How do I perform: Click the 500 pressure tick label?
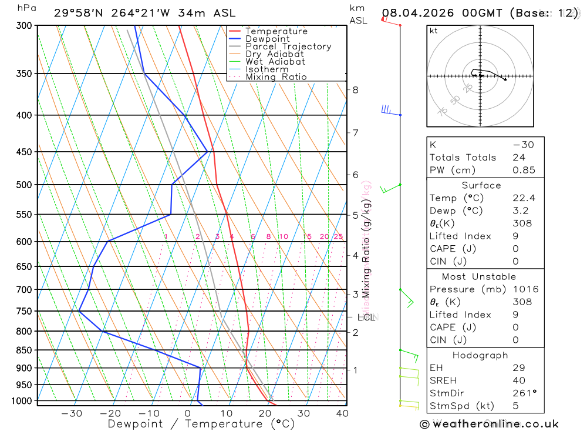point(24,185)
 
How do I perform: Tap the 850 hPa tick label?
point(24,350)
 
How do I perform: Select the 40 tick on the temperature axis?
point(342,413)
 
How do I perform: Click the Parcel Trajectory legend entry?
point(288,46)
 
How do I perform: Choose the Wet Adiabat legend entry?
point(275,62)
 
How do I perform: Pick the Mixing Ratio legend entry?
point(276,77)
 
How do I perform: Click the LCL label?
point(366,318)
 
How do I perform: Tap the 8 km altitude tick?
point(355,90)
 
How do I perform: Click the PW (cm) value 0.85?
point(524,171)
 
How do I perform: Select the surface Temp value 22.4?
point(524,198)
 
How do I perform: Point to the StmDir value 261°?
point(524,393)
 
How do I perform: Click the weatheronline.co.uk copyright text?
point(489,424)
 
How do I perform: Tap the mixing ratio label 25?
point(338,236)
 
